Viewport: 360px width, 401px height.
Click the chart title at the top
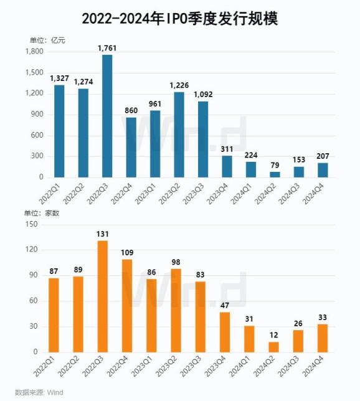180,19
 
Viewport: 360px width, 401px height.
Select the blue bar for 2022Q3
107,116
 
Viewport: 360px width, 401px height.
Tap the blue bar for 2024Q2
275,175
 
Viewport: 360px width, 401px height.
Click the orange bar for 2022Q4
127,306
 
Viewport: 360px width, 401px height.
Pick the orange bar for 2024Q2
274,347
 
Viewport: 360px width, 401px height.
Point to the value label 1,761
107,48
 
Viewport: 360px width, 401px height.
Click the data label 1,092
203,95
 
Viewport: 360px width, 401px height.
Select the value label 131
103,234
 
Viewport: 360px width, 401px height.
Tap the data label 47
225,305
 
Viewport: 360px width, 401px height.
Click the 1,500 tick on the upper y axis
34,73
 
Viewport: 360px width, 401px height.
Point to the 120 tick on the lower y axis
32,250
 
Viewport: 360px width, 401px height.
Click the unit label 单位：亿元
47,40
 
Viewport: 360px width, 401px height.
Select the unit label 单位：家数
42,213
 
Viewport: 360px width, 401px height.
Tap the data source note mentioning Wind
39,392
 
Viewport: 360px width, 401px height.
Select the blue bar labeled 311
227,166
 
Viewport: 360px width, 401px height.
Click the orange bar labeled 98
176,311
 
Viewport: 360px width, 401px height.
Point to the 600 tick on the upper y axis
37,135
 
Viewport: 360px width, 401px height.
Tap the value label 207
323,156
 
